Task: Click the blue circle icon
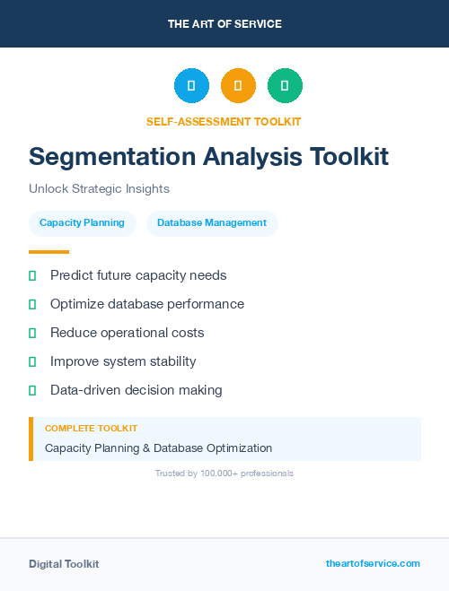coord(191,86)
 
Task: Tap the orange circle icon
coord(238,86)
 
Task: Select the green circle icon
coord(285,86)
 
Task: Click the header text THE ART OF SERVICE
coord(224,24)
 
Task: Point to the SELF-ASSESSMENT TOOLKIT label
coord(224,121)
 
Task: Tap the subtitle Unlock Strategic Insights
coord(99,189)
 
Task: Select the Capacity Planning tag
coord(83,223)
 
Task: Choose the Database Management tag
coord(212,223)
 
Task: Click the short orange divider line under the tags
coord(48,252)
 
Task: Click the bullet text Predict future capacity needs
coord(138,275)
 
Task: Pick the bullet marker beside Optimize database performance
coord(32,305)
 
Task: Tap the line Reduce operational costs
coord(127,333)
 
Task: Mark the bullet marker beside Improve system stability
coord(32,362)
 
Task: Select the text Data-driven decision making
coord(136,390)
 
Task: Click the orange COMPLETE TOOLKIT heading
coord(91,429)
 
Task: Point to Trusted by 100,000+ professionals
coord(224,473)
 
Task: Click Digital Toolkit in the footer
coord(64,564)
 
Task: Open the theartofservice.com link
coord(373,563)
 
